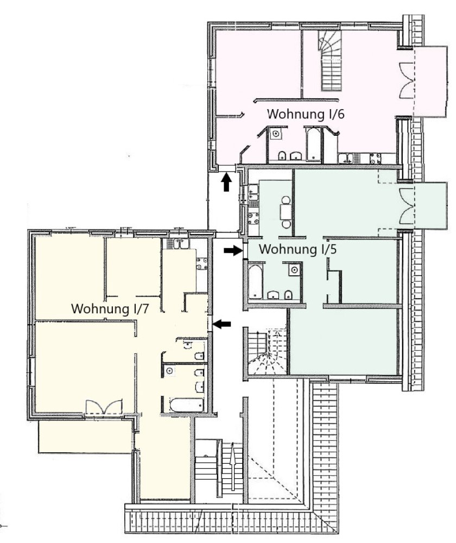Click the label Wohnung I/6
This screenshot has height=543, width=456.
click(306, 114)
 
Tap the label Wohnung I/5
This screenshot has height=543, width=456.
click(297, 249)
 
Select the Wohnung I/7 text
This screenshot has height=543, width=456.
click(110, 308)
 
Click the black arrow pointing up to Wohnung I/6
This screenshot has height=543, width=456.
click(226, 182)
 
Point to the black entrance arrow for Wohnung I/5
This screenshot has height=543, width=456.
click(233, 250)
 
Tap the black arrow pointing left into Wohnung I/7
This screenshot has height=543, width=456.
click(221, 324)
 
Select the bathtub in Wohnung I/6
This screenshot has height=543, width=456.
click(314, 145)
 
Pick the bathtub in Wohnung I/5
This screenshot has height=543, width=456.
click(255, 281)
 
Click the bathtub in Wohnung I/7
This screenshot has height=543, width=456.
click(186, 405)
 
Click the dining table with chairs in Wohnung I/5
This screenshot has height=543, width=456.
click(286, 212)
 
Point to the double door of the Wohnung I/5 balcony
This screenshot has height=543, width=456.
click(407, 206)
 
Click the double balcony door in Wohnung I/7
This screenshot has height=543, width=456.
click(104, 407)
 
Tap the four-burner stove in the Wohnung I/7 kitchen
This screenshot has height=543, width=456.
click(201, 263)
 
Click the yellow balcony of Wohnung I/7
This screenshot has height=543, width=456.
click(85, 437)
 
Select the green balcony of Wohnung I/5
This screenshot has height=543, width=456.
click(430, 205)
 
